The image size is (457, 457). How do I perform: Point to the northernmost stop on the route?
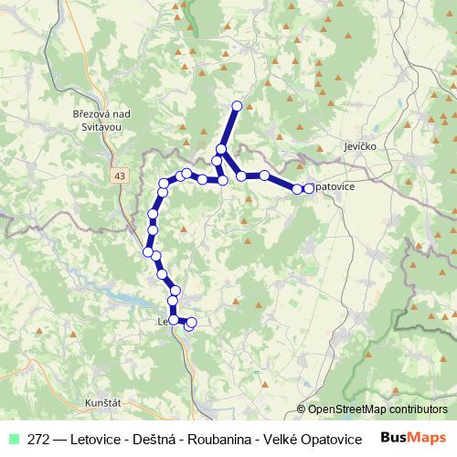click(237, 106)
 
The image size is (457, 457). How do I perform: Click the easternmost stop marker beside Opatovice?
click(309, 188)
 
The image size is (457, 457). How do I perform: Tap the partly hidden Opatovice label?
click(338, 188)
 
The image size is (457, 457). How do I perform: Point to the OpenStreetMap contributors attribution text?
click(377, 410)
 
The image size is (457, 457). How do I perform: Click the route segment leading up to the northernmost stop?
click(229, 126)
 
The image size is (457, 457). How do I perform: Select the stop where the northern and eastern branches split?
click(221, 148)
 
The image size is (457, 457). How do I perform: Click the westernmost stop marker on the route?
click(148, 251)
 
